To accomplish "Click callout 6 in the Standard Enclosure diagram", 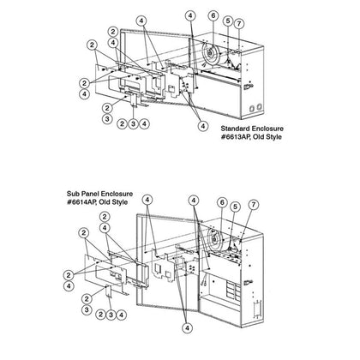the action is click(213, 16).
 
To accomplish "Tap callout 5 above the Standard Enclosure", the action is click(228, 21).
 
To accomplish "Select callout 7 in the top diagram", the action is click(239, 24).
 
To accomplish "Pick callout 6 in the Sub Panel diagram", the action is click(222, 202).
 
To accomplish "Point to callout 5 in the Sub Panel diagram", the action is click(235, 207).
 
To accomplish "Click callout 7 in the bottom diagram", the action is click(253, 205).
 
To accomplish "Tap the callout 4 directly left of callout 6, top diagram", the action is click(190, 16).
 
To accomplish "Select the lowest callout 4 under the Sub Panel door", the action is click(188, 328).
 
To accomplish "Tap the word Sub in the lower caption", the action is click(72, 194).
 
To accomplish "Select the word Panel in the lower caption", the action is click(86, 194).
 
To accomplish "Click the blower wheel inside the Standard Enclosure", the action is click(210, 53).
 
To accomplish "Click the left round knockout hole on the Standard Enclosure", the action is click(252, 109).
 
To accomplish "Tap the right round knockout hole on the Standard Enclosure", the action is click(259, 107).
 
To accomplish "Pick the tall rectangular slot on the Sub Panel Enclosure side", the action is click(258, 309).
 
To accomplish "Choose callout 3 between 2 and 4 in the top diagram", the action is click(133, 124).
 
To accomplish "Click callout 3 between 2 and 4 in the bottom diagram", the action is click(111, 315).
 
